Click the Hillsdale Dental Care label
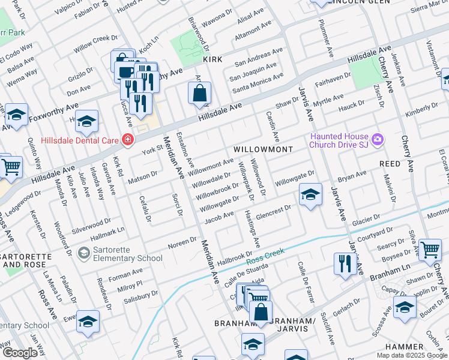pyautogui.click(x=80, y=140)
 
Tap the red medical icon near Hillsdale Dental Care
pyautogui.click(x=127, y=140)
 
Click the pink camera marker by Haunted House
pyautogui.click(x=378, y=140)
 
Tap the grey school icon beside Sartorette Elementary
pyautogui.click(x=84, y=253)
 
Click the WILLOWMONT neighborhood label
pyautogui.click(x=262, y=149)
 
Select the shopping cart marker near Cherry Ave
pyautogui.click(x=430, y=250)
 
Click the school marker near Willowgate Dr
pyautogui.click(x=310, y=195)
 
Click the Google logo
pyautogui.click(x=20, y=353)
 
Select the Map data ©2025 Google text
pyautogui.click(x=412, y=355)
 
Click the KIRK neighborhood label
pyautogui.click(x=212, y=60)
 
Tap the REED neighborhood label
pyautogui.click(x=390, y=163)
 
